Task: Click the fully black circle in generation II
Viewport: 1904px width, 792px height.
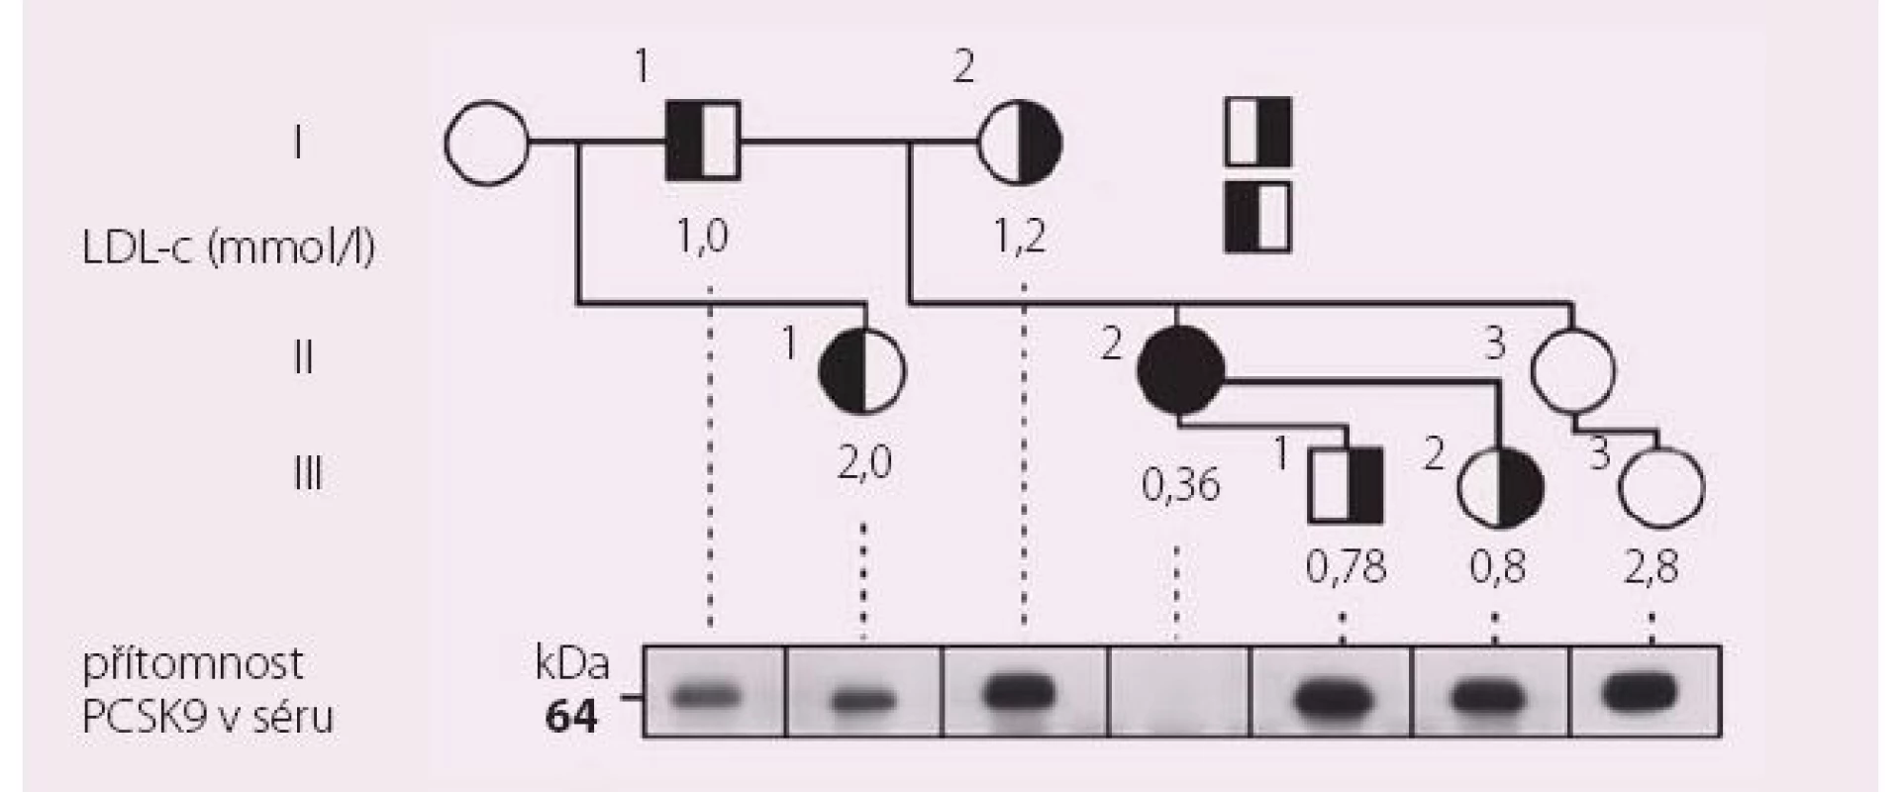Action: tap(1178, 369)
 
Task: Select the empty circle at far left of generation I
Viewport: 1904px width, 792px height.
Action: tap(486, 145)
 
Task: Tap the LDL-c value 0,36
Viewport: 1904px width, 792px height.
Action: tap(1181, 485)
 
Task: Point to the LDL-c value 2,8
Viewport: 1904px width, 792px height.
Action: tap(1652, 567)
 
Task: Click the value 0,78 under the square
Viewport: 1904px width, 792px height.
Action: tap(1346, 567)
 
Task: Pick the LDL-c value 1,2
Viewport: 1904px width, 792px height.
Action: tap(1020, 237)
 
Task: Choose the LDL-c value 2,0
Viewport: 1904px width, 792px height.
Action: tap(864, 462)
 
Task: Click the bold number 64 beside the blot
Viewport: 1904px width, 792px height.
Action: tap(571, 715)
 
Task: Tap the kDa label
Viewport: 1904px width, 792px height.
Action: tap(571, 664)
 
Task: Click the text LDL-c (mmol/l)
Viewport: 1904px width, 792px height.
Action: tap(229, 247)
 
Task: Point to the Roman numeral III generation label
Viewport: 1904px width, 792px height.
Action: tap(308, 474)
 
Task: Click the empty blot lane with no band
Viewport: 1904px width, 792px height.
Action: tap(1179, 691)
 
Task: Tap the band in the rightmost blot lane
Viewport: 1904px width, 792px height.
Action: tap(1641, 691)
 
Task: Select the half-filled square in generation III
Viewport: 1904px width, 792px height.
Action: tap(1346, 485)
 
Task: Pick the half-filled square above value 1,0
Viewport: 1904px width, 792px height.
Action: tap(703, 141)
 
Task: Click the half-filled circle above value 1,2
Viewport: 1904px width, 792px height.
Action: tap(1020, 145)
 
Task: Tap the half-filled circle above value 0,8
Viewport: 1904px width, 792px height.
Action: tap(1501, 485)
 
